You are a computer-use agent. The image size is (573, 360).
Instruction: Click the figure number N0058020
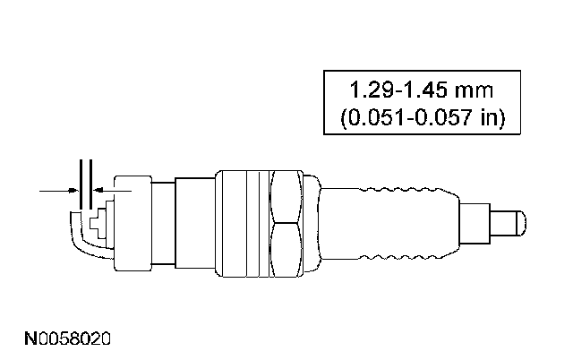[x=67, y=339]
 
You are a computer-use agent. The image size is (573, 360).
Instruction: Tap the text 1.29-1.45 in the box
[x=399, y=90]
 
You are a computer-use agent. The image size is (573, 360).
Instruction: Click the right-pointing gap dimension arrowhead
[x=74, y=191]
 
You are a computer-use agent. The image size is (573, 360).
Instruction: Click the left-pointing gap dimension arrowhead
[x=97, y=191]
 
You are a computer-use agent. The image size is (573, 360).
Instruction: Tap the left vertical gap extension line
[x=81, y=184]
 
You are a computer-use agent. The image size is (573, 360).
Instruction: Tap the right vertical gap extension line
[x=90, y=184]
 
